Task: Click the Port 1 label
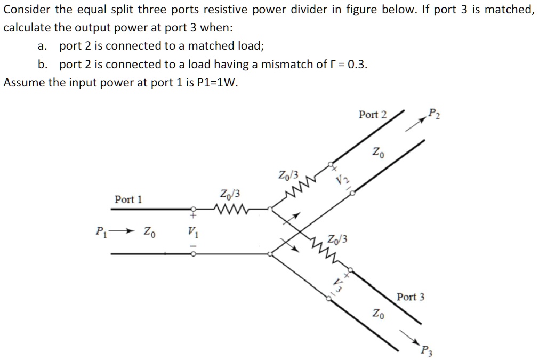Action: [128, 199]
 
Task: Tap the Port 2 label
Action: [373, 114]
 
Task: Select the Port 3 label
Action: [411, 297]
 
